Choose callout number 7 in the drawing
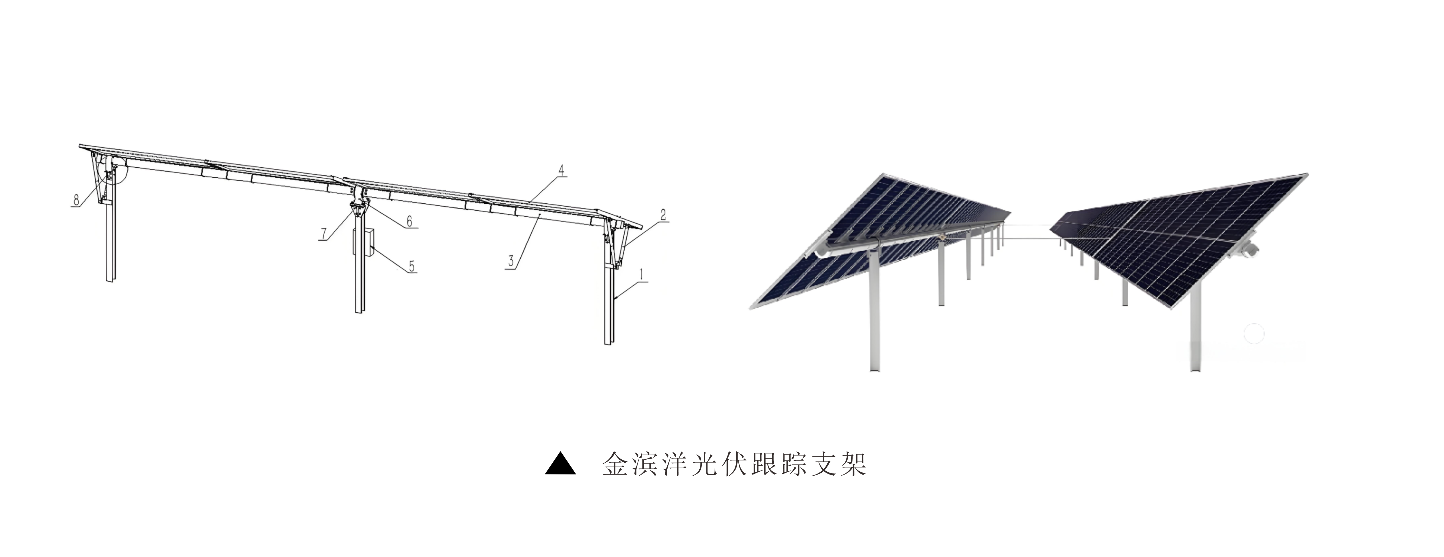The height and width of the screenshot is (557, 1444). [324, 233]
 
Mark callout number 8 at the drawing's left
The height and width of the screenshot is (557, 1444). [76, 200]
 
